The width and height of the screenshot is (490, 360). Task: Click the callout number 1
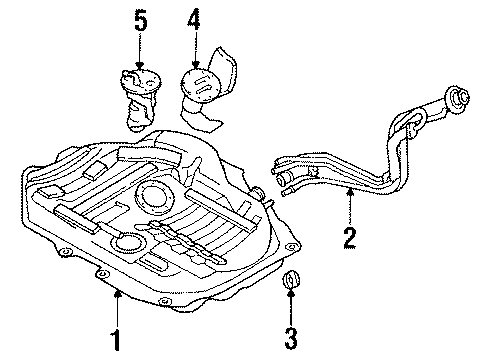click(x=116, y=340)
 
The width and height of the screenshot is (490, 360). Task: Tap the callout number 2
click(x=350, y=238)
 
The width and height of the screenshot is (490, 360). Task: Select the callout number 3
click(x=291, y=338)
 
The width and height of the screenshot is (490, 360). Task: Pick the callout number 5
click(x=141, y=20)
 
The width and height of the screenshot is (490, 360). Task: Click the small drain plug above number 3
click(x=291, y=279)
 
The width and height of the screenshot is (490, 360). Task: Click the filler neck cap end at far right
click(x=458, y=97)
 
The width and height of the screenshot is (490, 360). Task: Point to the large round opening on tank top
click(x=155, y=198)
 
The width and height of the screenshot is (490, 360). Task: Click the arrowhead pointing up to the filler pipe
click(x=350, y=191)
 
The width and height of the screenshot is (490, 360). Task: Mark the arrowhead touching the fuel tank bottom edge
click(x=117, y=293)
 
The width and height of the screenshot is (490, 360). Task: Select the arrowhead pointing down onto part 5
click(x=140, y=65)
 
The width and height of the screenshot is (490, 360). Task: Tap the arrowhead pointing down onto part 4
click(x=195, y=65)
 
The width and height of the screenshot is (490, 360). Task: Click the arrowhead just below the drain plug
click(x=291, y=293)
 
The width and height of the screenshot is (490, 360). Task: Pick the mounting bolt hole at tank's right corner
click(x=292, y=247)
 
